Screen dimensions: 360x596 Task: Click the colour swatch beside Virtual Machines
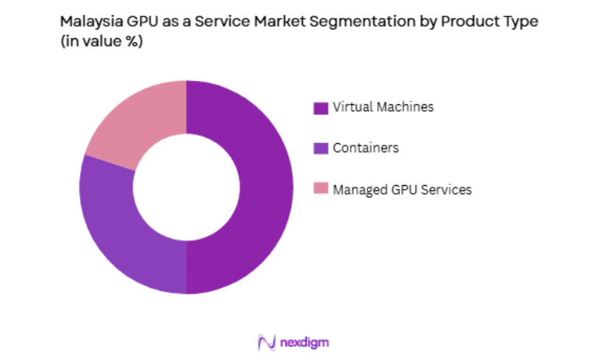click(x=320, y=108)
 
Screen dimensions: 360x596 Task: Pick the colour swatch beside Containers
click(x=320, y=149)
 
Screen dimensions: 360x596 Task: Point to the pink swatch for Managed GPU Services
click(x=320, y=189)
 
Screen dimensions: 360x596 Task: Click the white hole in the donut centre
click(x=186, y=187)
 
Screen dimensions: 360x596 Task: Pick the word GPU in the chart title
click(x=140, y=22)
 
